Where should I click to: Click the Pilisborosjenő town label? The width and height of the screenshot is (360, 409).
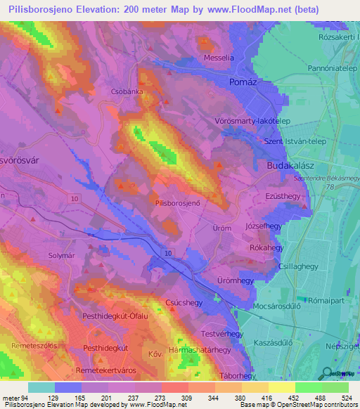[178, 202]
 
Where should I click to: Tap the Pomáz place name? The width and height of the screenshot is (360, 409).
[245, 82]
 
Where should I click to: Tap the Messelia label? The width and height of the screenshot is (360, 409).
[217, 58]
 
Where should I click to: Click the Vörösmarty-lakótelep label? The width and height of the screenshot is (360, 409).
[252, 121]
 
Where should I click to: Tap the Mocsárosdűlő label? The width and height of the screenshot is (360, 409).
[281, 307]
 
